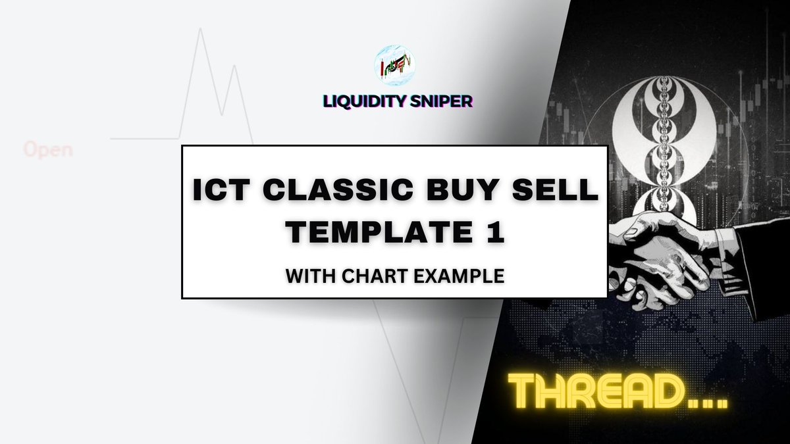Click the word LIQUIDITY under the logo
tap(365, 101)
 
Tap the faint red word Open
tap(47, 150)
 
